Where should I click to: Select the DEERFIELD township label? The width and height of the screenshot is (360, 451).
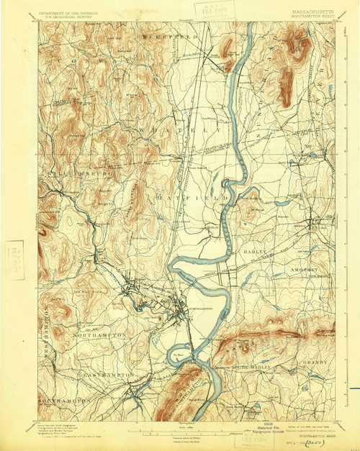170,35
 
